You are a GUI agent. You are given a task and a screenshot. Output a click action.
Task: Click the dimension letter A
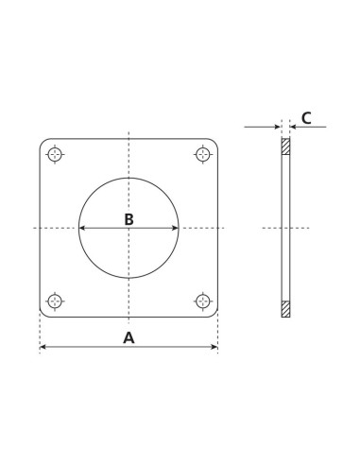point(129,337)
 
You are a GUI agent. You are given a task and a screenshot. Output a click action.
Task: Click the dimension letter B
point(129,219)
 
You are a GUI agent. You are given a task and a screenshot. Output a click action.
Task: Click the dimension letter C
point(306,118)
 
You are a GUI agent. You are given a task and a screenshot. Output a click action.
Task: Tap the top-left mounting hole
point(57,154)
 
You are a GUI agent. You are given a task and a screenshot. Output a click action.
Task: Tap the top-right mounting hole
point(201,154)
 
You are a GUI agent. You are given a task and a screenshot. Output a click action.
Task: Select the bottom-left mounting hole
point(57,301)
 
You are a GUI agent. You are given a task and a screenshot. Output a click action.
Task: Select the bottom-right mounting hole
point(201,301)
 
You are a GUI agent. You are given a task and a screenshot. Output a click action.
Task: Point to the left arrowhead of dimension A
point(43,349)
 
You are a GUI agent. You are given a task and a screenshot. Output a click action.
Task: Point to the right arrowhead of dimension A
point(214,349)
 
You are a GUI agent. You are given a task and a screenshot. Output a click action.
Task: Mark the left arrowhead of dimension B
point(81,228)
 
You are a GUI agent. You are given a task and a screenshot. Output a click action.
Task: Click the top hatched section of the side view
point(285,147)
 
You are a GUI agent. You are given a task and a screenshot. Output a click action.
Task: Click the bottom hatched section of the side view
point(285,308)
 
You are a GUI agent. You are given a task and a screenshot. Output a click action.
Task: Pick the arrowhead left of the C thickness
point(278,127)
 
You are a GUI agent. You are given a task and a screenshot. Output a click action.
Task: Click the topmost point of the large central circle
point(129,177)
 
